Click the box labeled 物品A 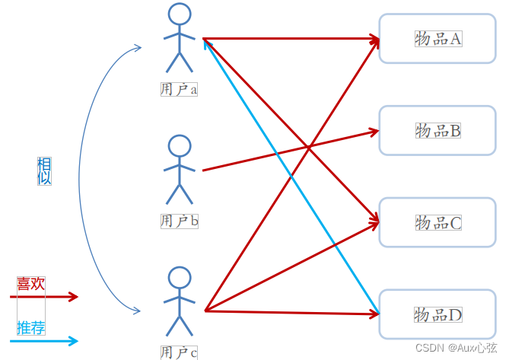437,38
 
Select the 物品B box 437,130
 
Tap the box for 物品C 437,222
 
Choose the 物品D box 437,314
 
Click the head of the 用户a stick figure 179,14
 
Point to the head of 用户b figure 179,146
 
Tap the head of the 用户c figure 179,278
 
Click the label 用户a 179,89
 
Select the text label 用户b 179,221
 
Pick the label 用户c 179,352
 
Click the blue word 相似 44,171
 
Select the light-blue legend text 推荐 31,328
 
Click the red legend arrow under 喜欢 46,297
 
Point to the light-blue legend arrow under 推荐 46,340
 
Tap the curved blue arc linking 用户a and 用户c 81,175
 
